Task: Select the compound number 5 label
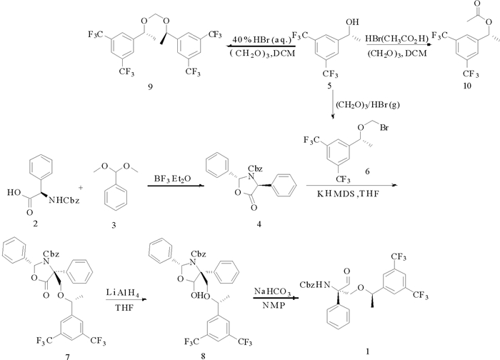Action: point(329,86)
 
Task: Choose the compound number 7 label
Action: point(51,353)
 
